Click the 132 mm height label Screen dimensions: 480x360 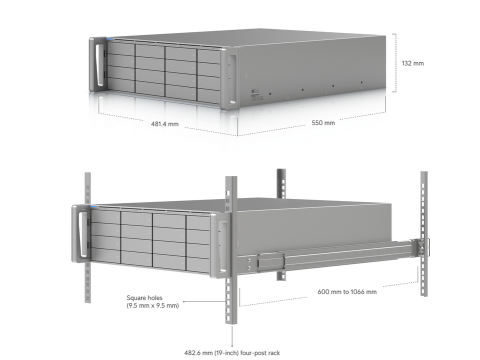(x=413, y=63)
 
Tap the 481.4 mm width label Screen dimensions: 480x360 (x=165, y=124)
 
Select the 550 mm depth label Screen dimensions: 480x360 (x=323, y=123)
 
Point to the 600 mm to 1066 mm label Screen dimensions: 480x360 (x=347, y=292)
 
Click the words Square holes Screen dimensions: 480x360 (x=144, y=298)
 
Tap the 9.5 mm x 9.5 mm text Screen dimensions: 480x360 (x=153, y=305)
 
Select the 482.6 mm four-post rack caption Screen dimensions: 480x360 (x=232, y=353)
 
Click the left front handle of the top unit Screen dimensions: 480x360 (x=99, y=65)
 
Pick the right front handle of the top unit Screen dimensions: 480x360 (x=232, y=79)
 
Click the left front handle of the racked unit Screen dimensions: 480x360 (x=82, y=234)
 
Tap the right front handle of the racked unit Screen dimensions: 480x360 (x=223, y=247)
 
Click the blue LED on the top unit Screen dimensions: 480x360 (x=110, y=39)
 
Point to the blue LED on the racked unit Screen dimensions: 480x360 (x=94, y=207)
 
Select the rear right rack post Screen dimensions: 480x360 (x=424, y=233)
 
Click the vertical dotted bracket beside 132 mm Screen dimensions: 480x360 (x=395, y=63)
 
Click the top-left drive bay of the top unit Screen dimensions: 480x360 (x=121, y=48)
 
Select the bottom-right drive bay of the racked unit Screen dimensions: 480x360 (x=199, y=264)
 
